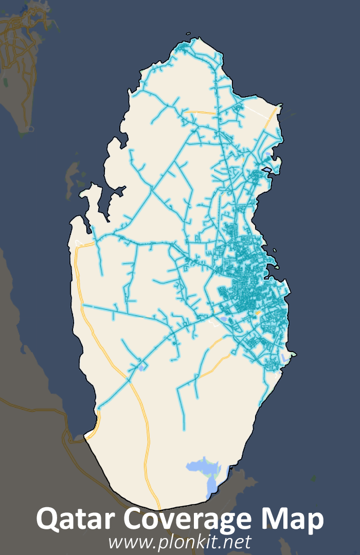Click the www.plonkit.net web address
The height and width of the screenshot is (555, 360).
[179, 542]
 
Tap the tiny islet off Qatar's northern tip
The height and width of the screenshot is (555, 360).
[188, 34]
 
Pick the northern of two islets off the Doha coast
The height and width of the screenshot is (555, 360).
[275, 251]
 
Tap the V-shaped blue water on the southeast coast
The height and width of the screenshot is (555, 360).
[284, 358]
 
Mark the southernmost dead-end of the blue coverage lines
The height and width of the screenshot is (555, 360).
[184, 429]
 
